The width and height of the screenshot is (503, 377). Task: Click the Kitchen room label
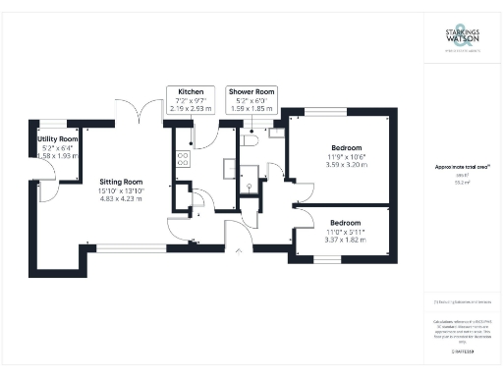tap(190, 90)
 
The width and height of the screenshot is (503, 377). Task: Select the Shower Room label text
tap(251, 90)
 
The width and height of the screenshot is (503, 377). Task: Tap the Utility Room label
tap(57, 139)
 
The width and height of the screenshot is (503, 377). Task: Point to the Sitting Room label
tap(121, 182)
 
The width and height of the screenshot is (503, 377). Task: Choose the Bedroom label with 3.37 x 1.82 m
tap(345, 222)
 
